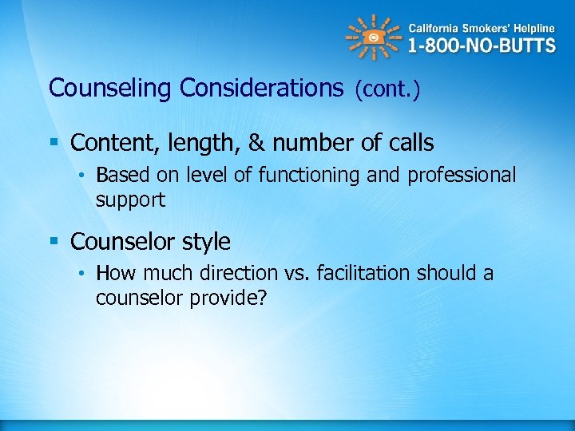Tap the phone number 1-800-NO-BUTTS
(481, 45)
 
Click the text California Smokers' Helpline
(482, 24)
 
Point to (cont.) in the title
(387, 89)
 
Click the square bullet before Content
(54, 144)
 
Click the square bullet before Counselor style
(54, 242)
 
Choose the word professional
(462, 176)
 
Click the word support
(130, 200)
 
